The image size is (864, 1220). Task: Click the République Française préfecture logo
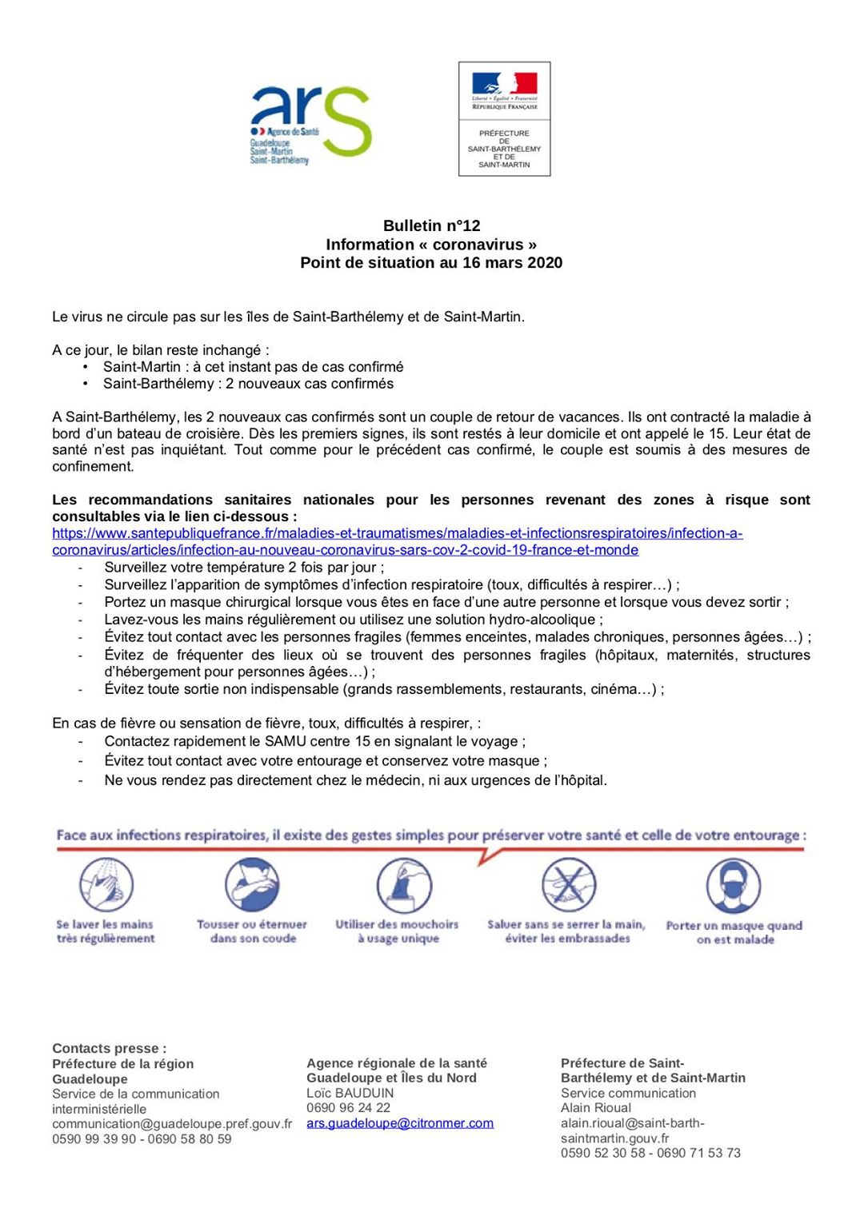pos(504,118)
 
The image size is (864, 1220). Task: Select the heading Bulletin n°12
pos(431,225)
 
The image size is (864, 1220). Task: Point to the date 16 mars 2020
pos(507,262)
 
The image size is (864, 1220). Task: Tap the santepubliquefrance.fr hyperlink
pos(397,541)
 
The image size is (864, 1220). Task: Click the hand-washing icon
pos(106,885)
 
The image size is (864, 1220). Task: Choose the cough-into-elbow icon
pos(252,885)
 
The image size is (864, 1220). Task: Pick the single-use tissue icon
pos(404,885)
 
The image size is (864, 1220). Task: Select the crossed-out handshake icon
pos(568,885)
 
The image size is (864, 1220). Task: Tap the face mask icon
pos(734,886)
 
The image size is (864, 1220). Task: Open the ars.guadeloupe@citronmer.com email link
pos(400,1123)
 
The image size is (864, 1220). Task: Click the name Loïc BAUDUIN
pos(350,1093)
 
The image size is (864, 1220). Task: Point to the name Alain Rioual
pos(596,1108)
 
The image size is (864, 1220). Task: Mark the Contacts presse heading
pos(110,1048)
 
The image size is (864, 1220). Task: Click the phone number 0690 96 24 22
pos(348,1108)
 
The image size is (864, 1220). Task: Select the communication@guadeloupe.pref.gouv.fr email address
pos(172,1124)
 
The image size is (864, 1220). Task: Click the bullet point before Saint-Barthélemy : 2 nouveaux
pos(86,384)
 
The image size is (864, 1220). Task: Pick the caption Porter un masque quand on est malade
pos(734,932)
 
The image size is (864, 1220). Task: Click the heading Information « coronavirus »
pos(431,245)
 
